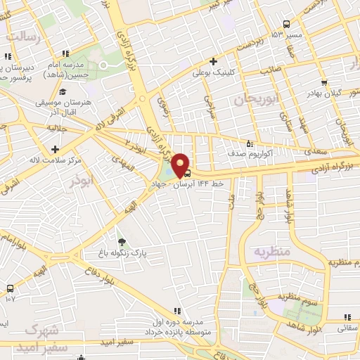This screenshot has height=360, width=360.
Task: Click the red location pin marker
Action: point(180,164)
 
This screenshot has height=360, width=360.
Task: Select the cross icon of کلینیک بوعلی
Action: point(213,61)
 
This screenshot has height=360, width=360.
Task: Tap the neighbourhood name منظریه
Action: point(271,251)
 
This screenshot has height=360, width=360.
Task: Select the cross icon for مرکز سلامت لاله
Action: point(55,149)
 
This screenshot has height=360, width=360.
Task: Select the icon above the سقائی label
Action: point(347,317)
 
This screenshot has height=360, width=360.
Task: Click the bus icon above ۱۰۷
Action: point(10,288)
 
